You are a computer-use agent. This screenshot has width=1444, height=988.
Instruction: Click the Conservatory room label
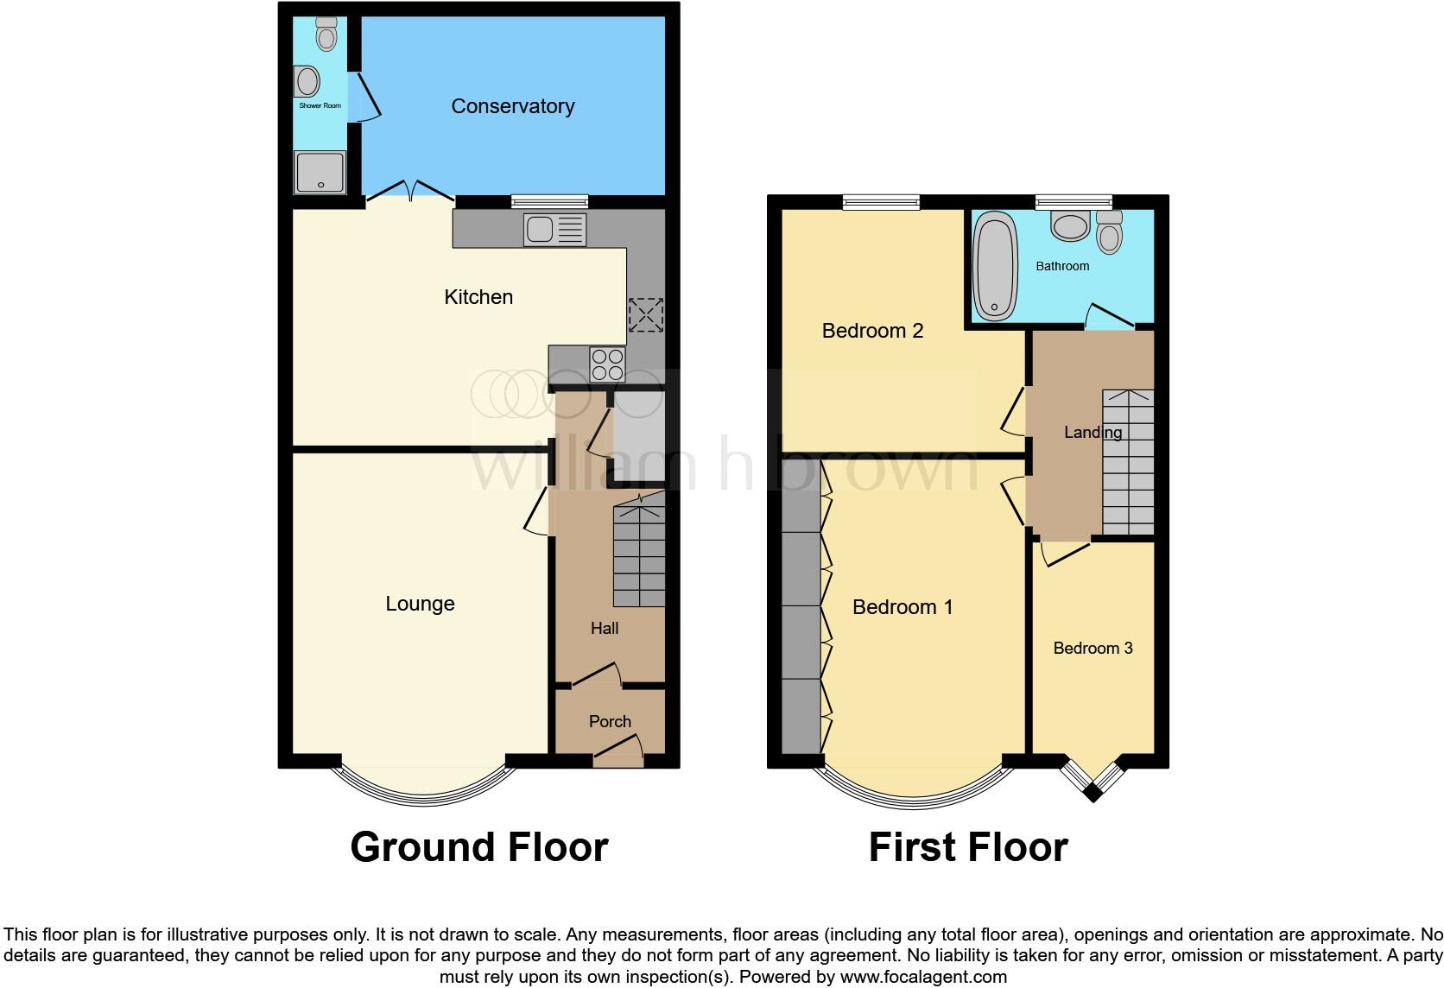(512, 106)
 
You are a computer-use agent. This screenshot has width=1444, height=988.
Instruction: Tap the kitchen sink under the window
(554, 231)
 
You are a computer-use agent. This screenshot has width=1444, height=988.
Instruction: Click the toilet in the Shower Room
(326, 35)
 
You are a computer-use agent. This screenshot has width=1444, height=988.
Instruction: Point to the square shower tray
(320, 171)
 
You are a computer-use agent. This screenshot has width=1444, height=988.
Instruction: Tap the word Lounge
(420, 604)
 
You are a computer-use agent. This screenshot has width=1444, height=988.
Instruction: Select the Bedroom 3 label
(1092, 649)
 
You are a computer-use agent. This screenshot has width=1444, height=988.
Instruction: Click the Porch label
(610, 721)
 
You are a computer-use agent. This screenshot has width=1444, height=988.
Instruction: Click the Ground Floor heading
(478, 847)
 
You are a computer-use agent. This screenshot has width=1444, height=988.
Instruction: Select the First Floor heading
(967, 847)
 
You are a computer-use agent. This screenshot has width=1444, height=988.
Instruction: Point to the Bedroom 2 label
(872, 331)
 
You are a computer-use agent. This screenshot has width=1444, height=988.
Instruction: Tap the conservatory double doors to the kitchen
(412, 191)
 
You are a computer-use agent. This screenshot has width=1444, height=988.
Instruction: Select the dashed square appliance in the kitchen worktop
(645, 314)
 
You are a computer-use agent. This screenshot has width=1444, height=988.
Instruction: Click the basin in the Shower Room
(307, 82)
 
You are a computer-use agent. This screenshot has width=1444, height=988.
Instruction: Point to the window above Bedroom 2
(881, 202)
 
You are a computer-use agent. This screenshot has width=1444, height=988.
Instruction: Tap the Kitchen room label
(478, 297)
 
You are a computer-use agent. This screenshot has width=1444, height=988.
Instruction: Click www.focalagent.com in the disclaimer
(923, 977)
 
